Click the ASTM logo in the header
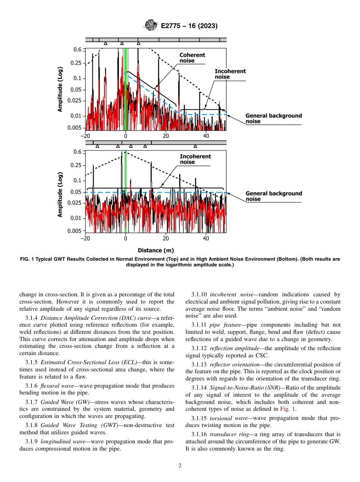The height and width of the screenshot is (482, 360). tap(150, 26)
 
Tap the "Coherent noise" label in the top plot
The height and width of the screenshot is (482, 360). tap(192, 58)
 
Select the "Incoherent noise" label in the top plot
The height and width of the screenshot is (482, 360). tap(230, 74)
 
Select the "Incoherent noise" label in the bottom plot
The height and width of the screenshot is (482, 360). tap(195, 159)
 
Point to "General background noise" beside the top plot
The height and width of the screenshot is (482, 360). tap(274, 119)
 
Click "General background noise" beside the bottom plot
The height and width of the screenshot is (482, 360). tap(274, 196)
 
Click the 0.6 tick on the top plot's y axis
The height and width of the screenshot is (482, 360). tap(77, 49)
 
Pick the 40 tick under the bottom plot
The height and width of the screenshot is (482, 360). tap(206, 239)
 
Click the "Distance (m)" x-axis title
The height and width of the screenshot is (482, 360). tap(155, 250)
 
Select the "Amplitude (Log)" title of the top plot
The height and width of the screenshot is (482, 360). tap(60, 90)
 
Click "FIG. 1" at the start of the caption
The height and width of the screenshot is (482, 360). tap(27, 259)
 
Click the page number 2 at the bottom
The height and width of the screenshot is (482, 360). tap(180, 466)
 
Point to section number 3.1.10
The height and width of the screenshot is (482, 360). tap(199, 294)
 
